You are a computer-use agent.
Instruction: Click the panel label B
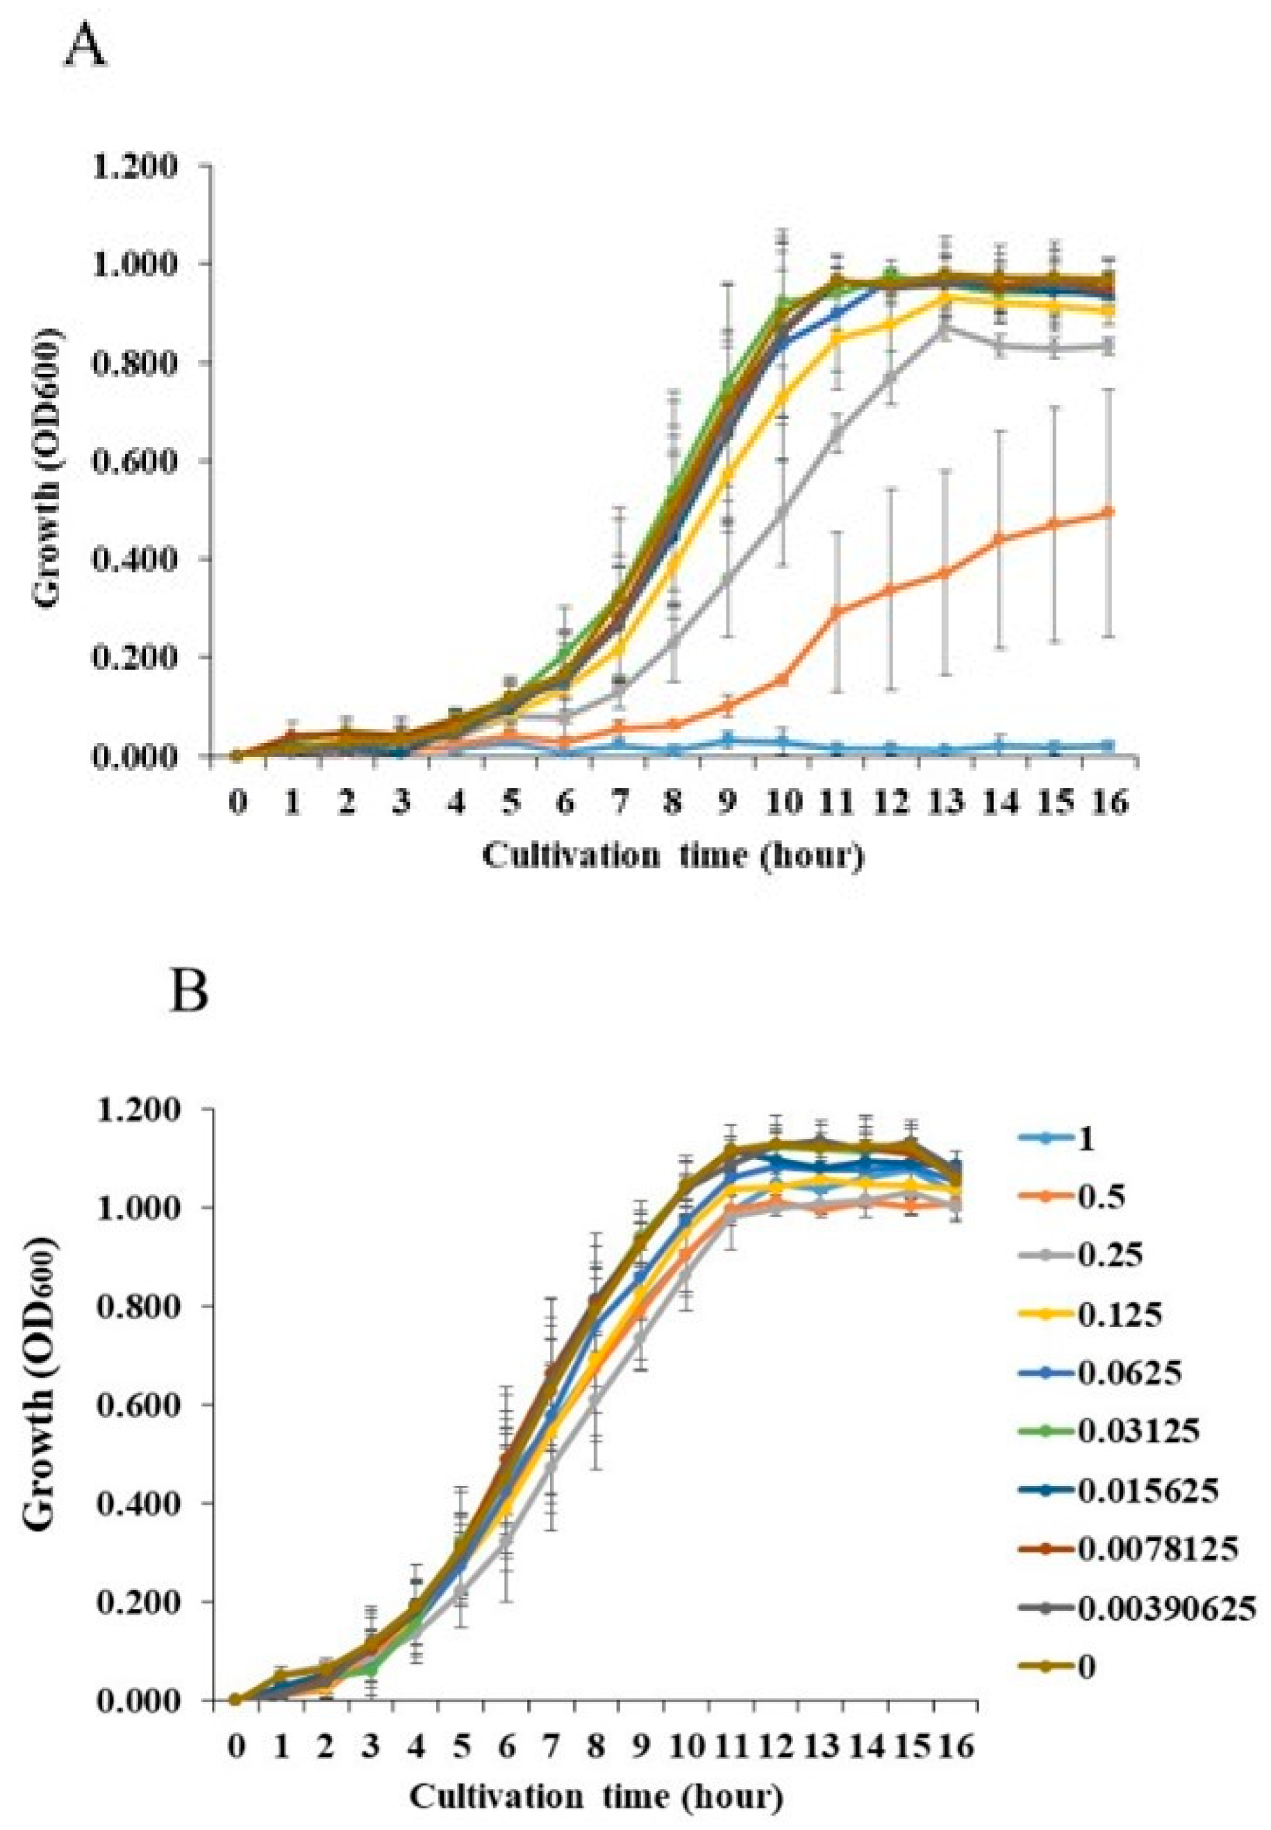pos(190,992)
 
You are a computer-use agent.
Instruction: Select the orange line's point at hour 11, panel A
pos(836,611)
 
